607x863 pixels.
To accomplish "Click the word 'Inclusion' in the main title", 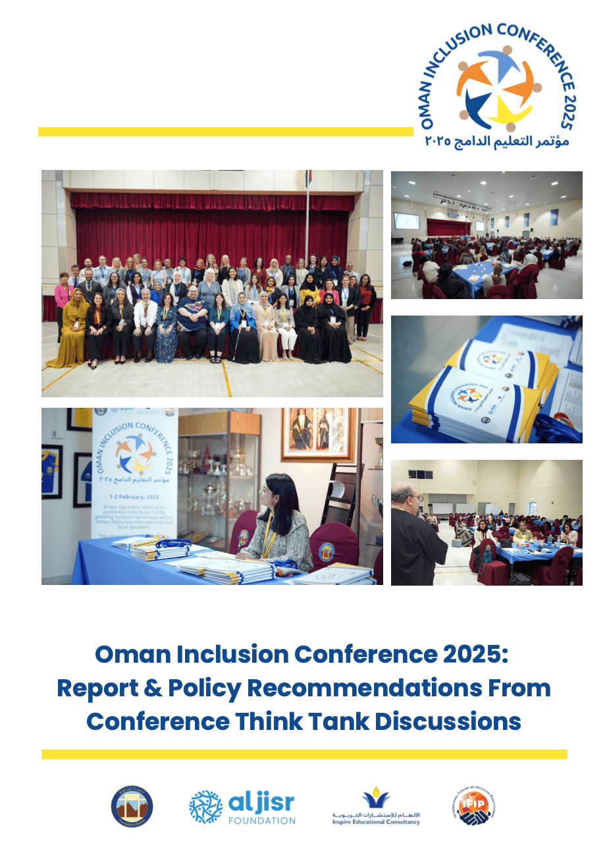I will (x=233, y=654).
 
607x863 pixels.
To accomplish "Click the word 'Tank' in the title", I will (x=336, y=721).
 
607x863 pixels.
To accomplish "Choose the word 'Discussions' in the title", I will (x=448, y=721).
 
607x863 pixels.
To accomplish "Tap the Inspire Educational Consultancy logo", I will (x=376, y=806).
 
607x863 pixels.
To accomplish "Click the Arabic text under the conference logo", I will (x=498, y=142).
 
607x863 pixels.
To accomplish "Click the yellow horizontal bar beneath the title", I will (x=304, y=754).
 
